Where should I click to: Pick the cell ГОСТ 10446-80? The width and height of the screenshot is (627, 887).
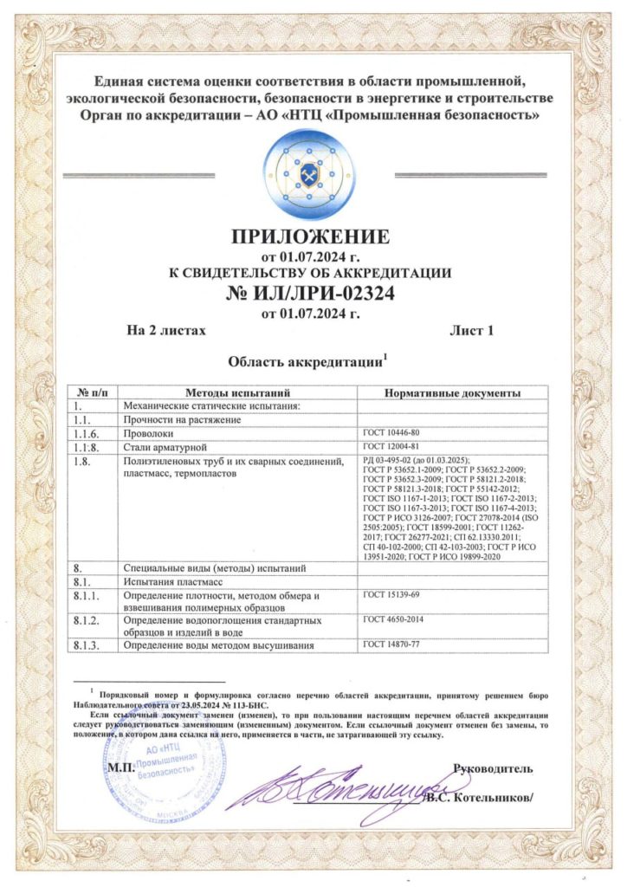pyautogui.click(x=391, y=431)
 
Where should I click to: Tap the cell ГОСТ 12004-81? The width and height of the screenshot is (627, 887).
pyautogui.click(x=391, y=445)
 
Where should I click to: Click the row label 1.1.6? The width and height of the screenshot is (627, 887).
pyautogui.click(x=87, y=432)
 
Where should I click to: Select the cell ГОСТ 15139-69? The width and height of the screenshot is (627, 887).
pyautogui.click(x=391, y=595)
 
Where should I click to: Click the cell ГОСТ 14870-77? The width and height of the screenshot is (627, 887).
pyautogui.click(x=391, y=644)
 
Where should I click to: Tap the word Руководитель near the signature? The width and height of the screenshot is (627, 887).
pyautogui.click(x=494, y=768)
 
